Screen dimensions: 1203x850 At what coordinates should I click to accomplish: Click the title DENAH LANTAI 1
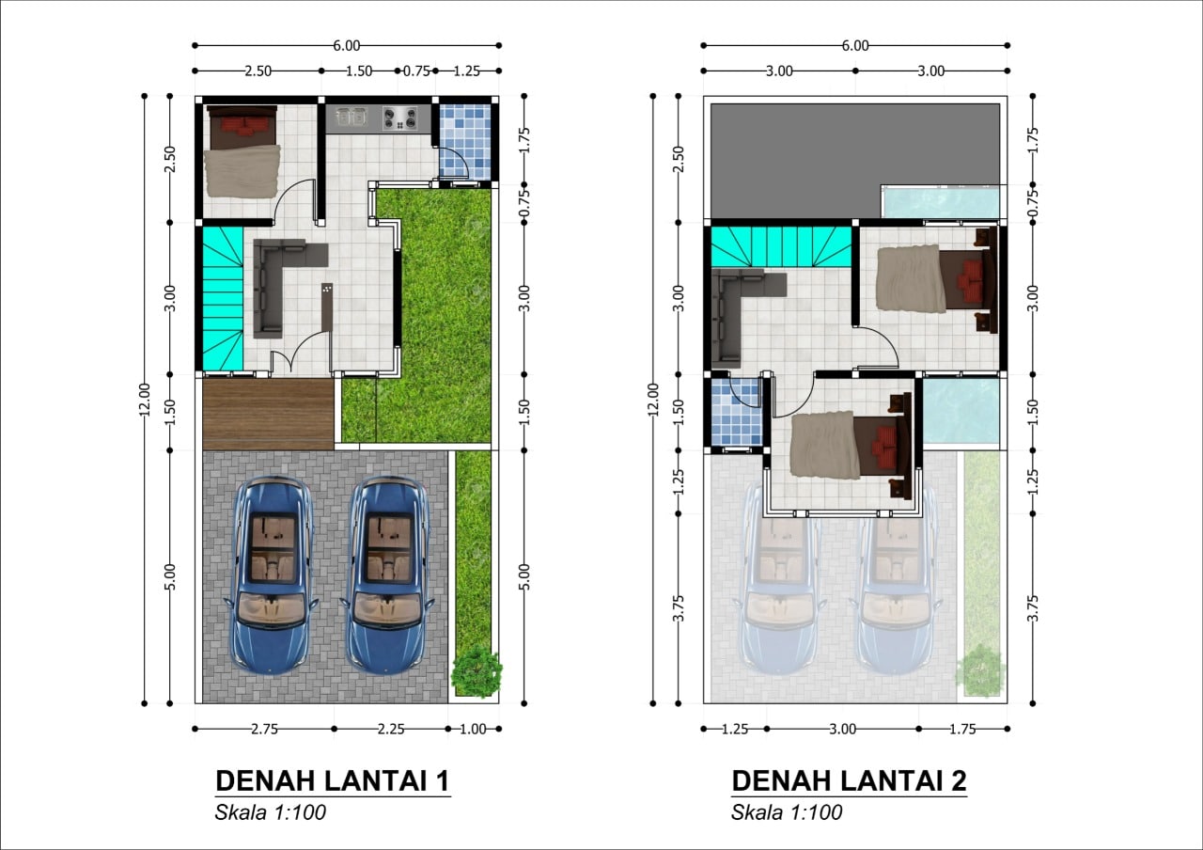(333, 780)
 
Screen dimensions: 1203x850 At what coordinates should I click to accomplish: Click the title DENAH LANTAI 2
(849, 780)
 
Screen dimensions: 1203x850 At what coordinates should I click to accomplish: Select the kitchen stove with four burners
(400, 118)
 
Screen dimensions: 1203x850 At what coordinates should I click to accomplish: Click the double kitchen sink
(352, 116)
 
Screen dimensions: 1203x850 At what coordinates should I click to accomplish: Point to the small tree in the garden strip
(477, 671)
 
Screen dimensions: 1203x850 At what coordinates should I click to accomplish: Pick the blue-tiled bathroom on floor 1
(465, 141)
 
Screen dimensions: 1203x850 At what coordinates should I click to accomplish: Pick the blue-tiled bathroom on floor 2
(736, 412)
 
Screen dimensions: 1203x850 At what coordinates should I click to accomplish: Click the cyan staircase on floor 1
(223, 299)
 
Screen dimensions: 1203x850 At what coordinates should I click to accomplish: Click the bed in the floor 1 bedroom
(242, 151)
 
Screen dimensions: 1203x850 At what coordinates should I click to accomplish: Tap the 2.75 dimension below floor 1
(265, 729)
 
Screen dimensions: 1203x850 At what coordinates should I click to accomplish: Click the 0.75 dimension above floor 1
(416, 71)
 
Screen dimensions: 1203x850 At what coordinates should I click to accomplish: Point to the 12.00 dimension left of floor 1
(144, 400)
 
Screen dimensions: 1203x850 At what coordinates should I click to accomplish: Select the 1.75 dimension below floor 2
(962, 729)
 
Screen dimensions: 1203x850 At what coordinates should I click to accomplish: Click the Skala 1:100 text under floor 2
(787, 812)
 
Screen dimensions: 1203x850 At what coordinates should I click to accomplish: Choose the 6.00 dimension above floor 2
(855, 46)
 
